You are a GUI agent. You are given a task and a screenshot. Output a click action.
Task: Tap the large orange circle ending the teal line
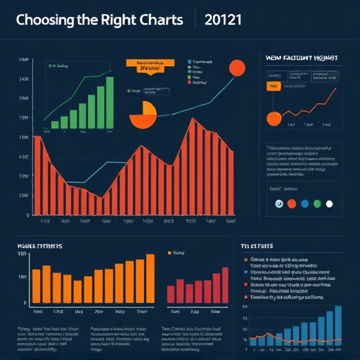click(237, 67)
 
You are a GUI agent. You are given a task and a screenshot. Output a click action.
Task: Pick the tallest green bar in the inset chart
click(109, 103)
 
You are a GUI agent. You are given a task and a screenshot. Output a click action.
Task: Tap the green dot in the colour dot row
click(317, 204)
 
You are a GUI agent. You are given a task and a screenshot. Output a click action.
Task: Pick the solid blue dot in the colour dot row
click(304, 204)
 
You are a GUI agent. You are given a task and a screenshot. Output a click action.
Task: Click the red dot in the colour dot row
click(290, 204)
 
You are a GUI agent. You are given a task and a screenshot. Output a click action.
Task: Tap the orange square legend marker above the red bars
click(169, 252)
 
